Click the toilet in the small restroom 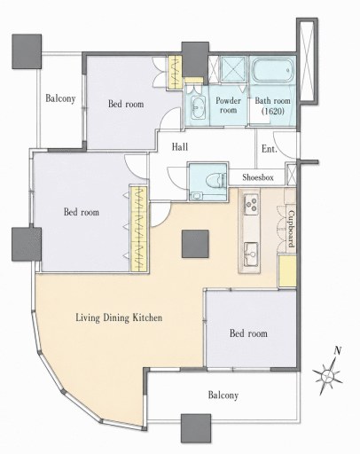pyautogui.click(x=215, y=180)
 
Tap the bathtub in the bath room pyautogui.click(x=273, y=71)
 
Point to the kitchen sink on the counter pyautogui.click(x=252, y=254)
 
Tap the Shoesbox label pyautogui.click(x=258, y=177)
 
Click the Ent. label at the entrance pyautogui.click(x=270, y=149)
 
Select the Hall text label pyautogui.click(x=180, y=146)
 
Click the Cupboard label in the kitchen pyautogui.click(x=291, y=229)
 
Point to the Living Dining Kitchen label pyautogui.click(x=119, y=317)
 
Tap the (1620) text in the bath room pyautogui.click(x=273, y=111)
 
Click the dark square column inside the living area pyautogui.click(x=195, y=244)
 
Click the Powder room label pyautogui.click(x=228, y=105)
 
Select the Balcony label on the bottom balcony pyautogui.click(x=223, y=395)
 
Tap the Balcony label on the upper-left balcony pyautogui.click(x=60, y=98)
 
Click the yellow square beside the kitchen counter pyautogui.click(x=287, y=271)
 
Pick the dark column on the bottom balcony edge pyautogui.click(x=196, y=428)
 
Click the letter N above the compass pyautogui.click(x=338, y=351)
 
